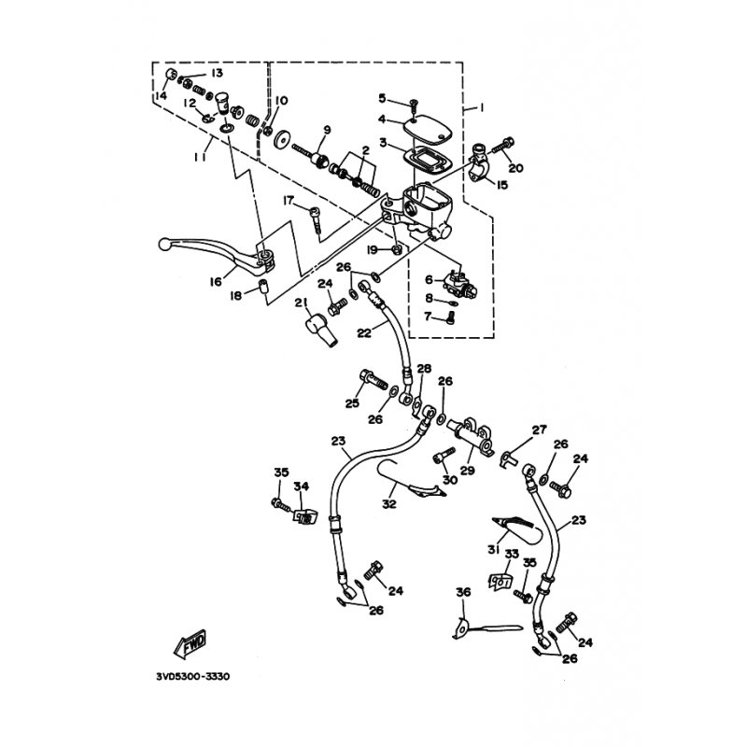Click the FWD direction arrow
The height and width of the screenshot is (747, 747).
click(190, 644)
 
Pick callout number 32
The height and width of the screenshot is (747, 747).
click(388, 503)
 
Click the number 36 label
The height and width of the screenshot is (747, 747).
click(463, 592)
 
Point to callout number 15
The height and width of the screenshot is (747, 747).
click(502, 185)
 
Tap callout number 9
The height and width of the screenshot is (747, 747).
click(328, 130)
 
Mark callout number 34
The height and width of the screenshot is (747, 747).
click(301, 486)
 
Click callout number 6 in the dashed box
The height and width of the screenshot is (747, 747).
click(430, 279)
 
